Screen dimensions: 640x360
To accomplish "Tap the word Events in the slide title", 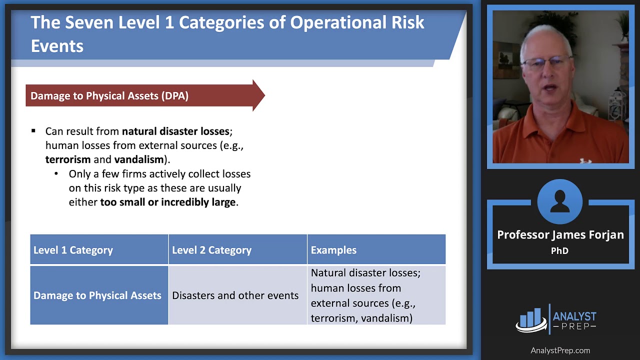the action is point(57,46).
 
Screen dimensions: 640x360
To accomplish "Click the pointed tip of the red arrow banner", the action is point(264,95).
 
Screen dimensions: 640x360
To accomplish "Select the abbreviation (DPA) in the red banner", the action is point(175,95).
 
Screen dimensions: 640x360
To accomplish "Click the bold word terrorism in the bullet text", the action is point(68,159).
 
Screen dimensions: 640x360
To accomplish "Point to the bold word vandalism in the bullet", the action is point(139,159).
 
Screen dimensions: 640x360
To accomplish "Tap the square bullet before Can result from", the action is point(33,131).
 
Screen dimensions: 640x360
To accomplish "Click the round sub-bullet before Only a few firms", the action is point(56,173).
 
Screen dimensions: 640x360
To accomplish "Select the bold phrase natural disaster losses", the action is point(175,131).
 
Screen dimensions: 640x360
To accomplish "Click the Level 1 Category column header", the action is point(73,250).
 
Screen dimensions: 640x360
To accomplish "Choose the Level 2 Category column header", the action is point(211,250).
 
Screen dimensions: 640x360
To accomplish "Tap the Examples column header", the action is point(333,250).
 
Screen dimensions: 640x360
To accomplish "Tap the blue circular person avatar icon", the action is point(559,201).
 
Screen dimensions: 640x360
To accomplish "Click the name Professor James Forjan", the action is point(560,235).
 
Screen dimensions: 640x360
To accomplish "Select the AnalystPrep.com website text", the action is point(560,350).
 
